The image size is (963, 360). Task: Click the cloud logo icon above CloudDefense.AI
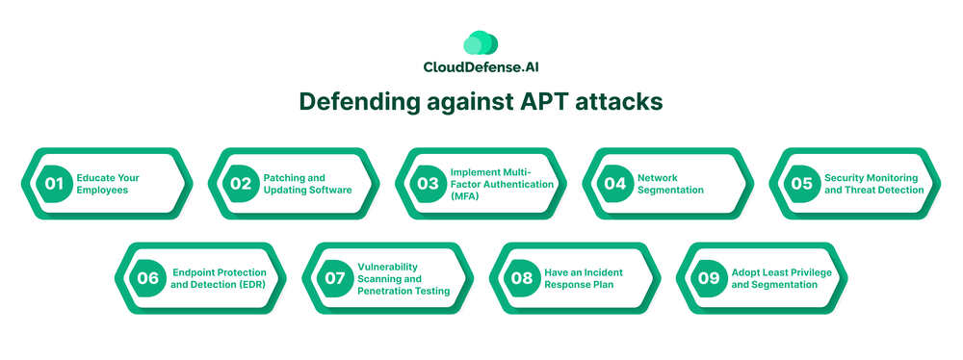click(481, 42)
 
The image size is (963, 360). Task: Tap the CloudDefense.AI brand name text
click(481, 67)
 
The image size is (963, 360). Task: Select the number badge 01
click(54, 184)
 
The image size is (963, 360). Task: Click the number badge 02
click(241, 184)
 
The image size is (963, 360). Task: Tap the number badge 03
click(429, 184)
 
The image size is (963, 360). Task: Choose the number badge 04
click(614, 184)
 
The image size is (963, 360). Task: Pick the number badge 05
click(801, 184)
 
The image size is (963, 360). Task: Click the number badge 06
click(147, 278)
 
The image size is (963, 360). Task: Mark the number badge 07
click(335, 278)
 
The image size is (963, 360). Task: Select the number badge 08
click(521, 278)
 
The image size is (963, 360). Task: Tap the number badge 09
click(709, 278)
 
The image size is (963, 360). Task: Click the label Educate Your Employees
click(108, 184)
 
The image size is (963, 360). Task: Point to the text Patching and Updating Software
click(308, 184)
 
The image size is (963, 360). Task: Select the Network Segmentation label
click(670, 184)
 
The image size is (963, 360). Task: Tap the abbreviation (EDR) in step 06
click(253, 284)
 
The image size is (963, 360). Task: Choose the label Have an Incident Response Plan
click(584, 278)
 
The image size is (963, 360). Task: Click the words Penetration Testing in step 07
click(403, 291)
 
